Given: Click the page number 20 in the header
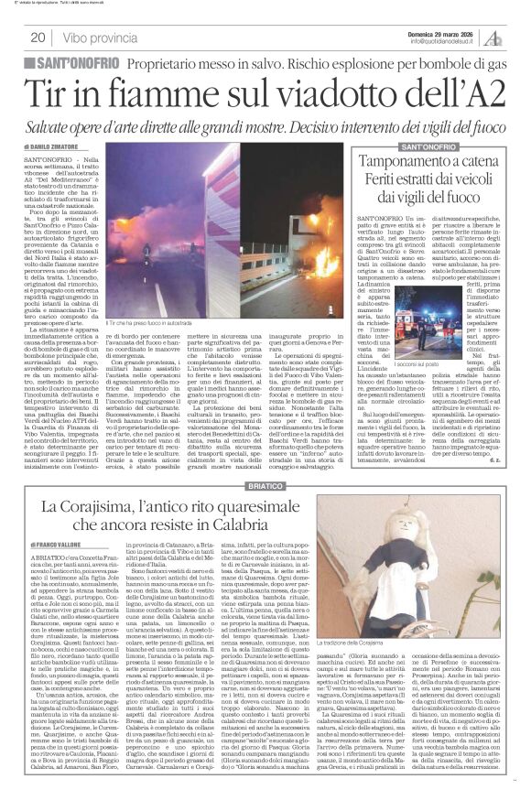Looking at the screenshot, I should click(x=39, y=38).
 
